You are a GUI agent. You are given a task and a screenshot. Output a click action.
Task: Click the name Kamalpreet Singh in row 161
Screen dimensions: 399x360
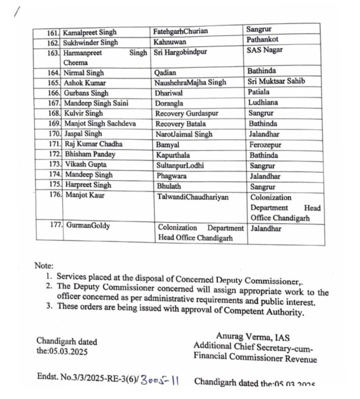pos(89,32)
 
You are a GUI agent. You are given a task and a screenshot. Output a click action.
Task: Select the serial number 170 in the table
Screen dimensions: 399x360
pos(55,134)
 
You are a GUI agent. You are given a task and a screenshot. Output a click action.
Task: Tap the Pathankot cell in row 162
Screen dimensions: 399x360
pos(262,40)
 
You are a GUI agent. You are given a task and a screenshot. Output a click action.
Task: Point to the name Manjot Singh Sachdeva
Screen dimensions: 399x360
pos(100,124)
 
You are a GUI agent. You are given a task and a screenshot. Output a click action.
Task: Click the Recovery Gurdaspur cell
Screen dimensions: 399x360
pos(186,114)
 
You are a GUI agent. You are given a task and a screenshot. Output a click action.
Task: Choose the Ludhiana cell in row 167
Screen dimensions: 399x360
pos(263,102)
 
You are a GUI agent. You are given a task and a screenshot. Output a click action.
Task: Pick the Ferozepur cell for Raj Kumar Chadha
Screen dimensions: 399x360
pos(265,145)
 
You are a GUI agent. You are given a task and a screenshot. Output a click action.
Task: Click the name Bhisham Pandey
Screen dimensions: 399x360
pos(90,154)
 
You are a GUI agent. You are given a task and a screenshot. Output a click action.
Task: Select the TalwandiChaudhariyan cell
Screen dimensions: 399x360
pos(192,197)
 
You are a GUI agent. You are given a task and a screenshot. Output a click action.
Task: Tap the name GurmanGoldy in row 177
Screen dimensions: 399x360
pos(88,225)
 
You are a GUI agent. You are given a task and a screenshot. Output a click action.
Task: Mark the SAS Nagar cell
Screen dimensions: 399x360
pos(264,50)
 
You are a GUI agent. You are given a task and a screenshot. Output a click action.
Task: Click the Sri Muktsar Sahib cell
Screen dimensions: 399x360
pos(276,81)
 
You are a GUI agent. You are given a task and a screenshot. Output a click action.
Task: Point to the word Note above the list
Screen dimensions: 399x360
pos(44,266)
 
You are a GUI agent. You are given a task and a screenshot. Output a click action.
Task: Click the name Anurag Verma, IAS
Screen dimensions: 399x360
pos(253,337)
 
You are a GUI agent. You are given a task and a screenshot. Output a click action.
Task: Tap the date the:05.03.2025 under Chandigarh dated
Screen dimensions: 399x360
pos(62,351)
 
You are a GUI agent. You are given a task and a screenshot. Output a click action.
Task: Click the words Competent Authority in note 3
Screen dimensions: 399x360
pos(264,311)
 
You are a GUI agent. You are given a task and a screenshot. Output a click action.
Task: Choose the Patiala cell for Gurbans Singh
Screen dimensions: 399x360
pos(258,92)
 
